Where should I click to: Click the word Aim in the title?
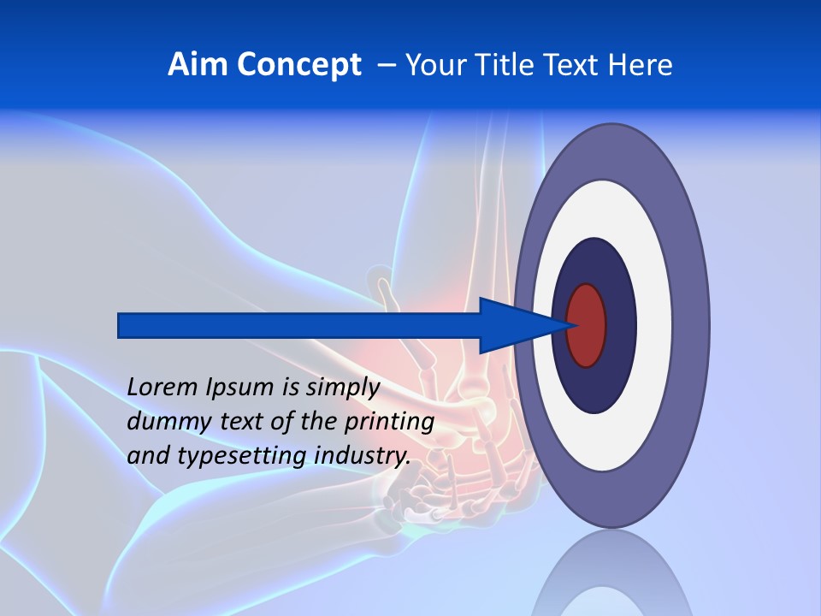pyautogui.click(x=198, y=64)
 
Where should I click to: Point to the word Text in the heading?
pyautogui.click(x=569, y=64)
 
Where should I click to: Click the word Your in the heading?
pyautogui.click(x=432, y=64)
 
